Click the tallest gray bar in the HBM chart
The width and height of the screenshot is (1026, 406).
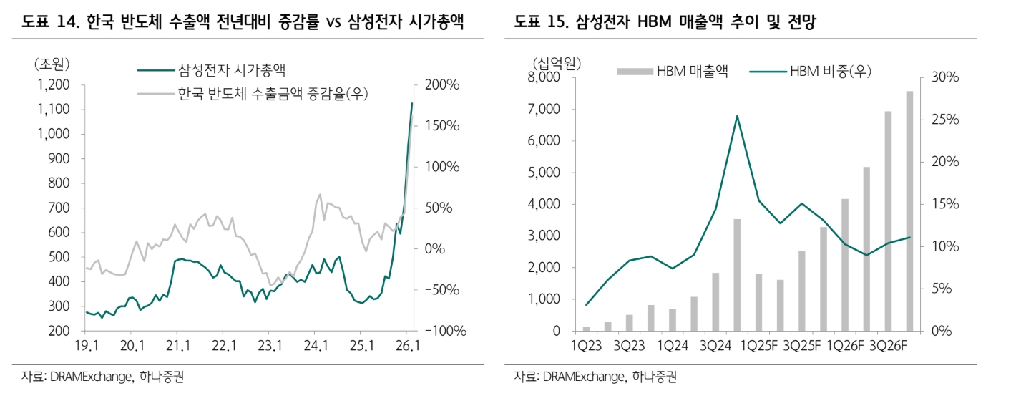point(909,211)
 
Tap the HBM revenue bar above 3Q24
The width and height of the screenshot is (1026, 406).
point(715,301)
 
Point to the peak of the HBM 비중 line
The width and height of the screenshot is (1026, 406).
point(736,116)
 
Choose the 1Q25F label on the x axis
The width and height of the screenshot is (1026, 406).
point(758,345)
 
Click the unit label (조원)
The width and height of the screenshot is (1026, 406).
point(52,63)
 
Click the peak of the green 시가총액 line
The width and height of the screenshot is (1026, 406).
point(412,104)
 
